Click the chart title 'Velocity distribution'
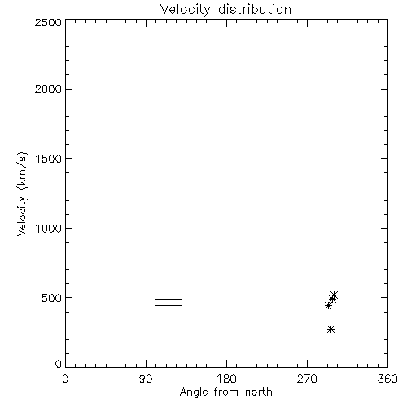point(225,9)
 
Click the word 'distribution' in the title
point(255,9)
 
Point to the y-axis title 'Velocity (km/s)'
point(22,194)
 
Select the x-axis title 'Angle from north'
point(225,392)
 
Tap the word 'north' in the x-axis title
point(259,392)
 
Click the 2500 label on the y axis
point(48,22)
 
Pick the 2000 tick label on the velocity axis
point(48,89)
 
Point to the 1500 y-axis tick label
point(49,159)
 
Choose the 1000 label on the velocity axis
point(49,228)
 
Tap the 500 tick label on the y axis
point(52,298)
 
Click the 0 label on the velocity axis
point(59,364)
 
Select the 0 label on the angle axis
point(65,379)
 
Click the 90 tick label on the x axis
point(146,379)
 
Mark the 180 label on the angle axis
point(226,379)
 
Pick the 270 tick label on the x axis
point(307,379)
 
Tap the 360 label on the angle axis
point(387,379)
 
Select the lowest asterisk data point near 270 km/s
point(330,330)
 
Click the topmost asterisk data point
point(334,295)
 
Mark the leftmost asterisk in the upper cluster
point(328,306)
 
